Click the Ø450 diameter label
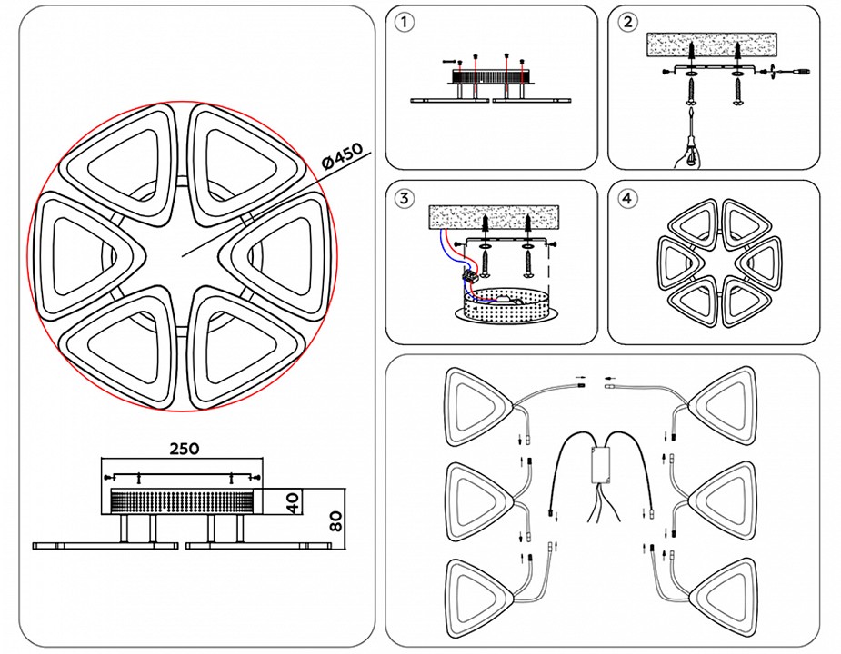[x=344, y=156]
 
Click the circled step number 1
[x=405, y=23]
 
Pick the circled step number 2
[x=627, y=23]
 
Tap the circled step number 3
[x=405, y=197]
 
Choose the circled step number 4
[x=627, y=197]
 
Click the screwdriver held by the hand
[x=694, y=136]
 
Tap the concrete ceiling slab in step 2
[x=713, y=45]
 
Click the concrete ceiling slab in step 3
[x=496, y=218]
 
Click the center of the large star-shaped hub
[x=181, y=255]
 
